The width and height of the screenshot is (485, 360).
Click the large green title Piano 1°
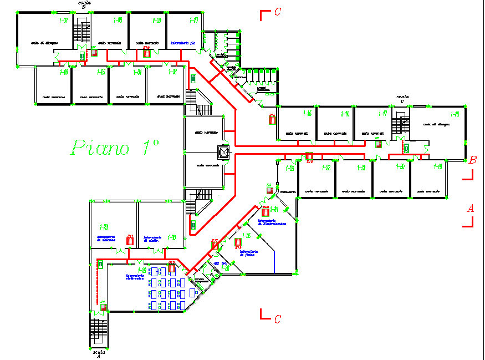coord(115,148)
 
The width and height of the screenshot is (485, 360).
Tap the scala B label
coord(83,5)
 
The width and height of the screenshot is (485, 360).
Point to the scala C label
coord(402,99)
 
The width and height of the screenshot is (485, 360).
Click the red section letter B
coord(473,161)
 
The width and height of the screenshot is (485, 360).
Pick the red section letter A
coord(470,209)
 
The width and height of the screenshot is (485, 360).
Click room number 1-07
coord(64,21)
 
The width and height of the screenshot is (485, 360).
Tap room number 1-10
coord(194,21)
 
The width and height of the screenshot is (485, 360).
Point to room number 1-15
coord(307,114)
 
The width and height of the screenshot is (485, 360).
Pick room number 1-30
coord(173,237)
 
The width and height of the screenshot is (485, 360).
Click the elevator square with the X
coord(224,151)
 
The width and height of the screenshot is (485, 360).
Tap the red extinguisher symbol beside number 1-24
coord(266,212)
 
